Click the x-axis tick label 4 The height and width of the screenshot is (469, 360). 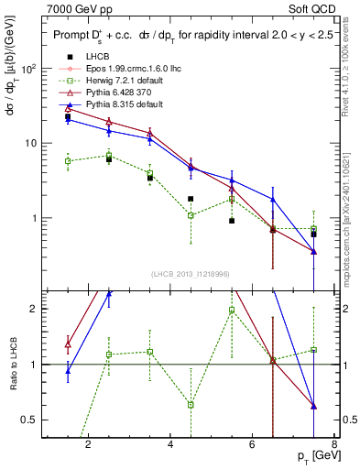click(171, 446)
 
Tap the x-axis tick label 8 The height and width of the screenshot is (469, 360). click(333, 446)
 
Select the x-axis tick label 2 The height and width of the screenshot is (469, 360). click(88, 446)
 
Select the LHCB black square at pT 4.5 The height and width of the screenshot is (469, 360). click(191, 199)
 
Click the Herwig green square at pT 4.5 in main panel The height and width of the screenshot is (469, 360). click(191, 215)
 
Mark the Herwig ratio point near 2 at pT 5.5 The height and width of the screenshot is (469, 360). click(232, 310)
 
